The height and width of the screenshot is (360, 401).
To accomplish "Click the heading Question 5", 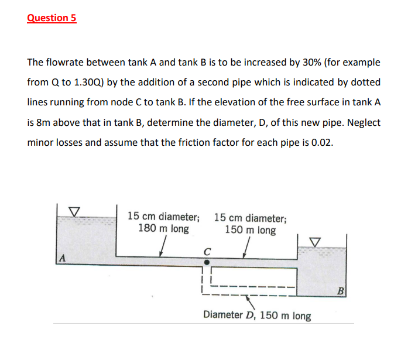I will point(52,18).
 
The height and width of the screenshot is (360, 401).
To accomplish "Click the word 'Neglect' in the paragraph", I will point(362,122).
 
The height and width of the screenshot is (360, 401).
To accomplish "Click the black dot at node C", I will point(206,262).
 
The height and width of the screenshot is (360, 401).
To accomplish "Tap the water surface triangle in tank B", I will point(316,240).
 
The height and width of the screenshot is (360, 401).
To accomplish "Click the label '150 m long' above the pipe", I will point(250,230).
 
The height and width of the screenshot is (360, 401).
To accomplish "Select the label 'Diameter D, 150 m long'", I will point(257,316).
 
